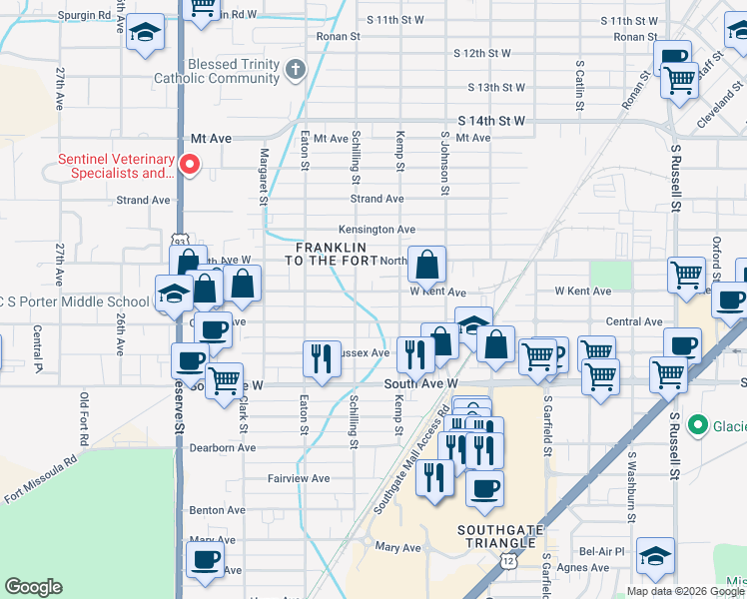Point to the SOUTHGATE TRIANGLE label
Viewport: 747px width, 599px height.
[504, 535]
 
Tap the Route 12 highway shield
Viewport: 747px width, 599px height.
[510, 562]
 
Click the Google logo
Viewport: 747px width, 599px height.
[33, 588]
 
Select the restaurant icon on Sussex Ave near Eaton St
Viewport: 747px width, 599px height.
[321, 356]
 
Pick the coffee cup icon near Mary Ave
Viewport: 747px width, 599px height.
[205, 558]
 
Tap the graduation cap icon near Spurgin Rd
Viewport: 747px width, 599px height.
[145, 33]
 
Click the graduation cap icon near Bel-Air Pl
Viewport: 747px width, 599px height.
[655, 555]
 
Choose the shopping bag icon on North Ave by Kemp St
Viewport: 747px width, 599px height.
[426, 265]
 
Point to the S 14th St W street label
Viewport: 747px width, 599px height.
[491, 120]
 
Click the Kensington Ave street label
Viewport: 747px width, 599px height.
[376, 229]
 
